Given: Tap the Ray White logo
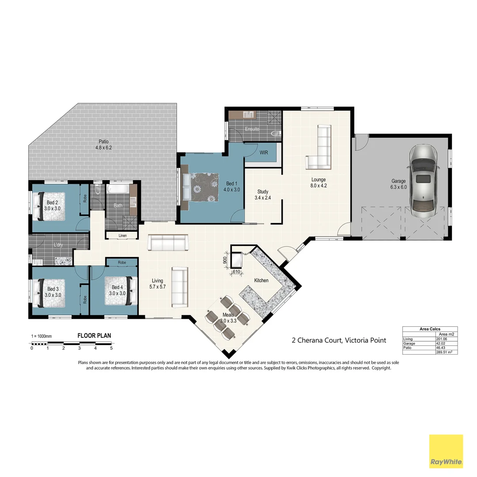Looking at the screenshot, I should (x=446, y=451).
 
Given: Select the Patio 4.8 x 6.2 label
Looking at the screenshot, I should (x=104, y=145).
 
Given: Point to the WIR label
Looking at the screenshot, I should (x=264, y=152).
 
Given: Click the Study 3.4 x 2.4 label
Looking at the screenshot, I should (x=263, y=195).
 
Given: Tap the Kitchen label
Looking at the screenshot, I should (x=261, y=280).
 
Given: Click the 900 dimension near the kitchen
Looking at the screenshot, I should (x=224, y=260).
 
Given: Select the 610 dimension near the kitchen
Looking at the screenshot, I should (x=236, y=272).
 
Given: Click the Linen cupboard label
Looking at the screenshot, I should (x=123, y=236).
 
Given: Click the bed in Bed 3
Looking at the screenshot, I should (x=49, y=292).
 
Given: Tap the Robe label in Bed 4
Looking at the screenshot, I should (x=121, y=262).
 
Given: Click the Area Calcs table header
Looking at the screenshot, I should (x=430, y=329).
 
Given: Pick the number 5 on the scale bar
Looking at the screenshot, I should (x=111, y=348).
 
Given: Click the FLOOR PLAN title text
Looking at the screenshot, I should (x=94, y=336).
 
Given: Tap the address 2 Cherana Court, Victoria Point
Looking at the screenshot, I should (x=339, y=340).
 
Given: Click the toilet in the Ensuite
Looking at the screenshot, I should (x=277, y=132).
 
